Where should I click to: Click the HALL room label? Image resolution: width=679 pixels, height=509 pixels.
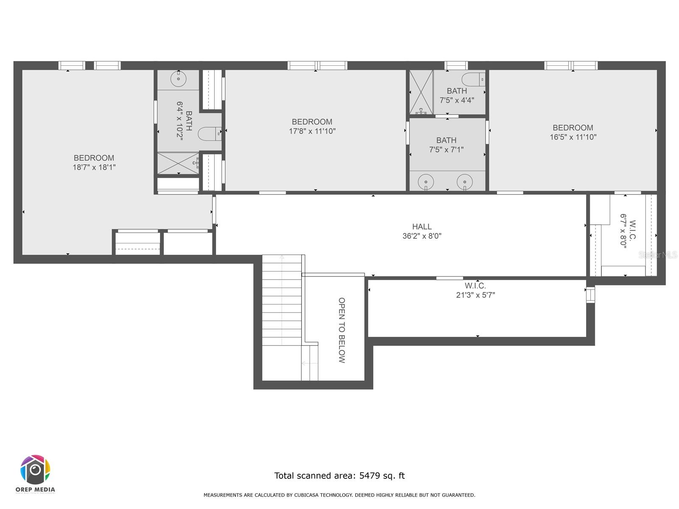422,227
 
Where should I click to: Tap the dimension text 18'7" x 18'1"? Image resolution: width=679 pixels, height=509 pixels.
94,167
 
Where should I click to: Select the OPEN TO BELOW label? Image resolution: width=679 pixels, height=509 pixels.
342,330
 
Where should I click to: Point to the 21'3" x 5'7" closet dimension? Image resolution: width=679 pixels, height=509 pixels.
475,295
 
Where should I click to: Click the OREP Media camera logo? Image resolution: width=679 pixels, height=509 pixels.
35,470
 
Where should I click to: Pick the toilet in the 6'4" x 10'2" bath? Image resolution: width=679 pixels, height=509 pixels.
209,134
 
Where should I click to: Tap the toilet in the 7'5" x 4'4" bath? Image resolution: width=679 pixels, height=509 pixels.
473,79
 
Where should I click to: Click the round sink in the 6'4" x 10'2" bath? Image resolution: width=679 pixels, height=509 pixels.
179,79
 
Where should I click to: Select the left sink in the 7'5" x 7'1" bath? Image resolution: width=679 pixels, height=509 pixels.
426,182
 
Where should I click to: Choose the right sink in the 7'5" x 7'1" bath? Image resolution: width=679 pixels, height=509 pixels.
465,182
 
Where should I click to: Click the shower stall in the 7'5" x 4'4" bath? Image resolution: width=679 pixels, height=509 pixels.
421,92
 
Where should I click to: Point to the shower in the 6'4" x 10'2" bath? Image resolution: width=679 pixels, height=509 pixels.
178,163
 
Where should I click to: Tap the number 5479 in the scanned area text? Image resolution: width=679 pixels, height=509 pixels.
369,475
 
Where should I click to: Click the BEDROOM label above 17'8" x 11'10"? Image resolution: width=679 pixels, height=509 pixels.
312,122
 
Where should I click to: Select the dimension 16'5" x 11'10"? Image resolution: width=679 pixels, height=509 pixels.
573,137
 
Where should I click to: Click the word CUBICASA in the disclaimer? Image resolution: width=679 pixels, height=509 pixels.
306,495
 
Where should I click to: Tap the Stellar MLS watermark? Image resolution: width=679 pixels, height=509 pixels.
658,255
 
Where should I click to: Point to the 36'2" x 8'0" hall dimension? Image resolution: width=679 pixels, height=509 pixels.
422,236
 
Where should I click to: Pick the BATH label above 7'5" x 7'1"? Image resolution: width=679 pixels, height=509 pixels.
446,140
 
